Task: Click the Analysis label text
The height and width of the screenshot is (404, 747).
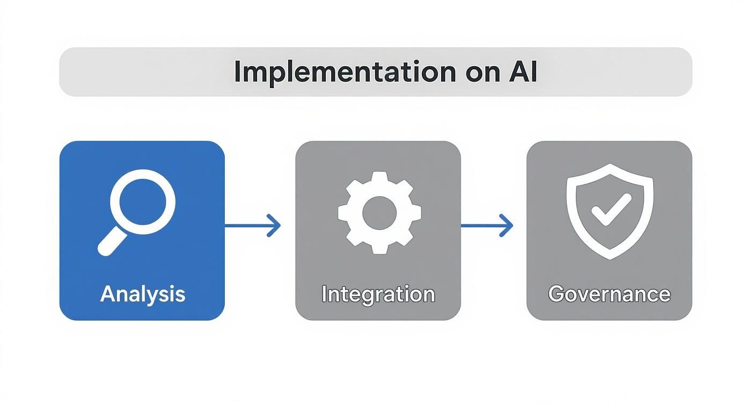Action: [x=142, y=294]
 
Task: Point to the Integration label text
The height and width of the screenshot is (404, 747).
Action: [x=378, y=294]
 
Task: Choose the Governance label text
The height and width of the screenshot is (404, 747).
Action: [x=609, y=294]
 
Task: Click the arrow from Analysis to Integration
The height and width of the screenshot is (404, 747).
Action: [x=252, y=226]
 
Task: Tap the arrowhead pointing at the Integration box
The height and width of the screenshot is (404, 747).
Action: [x=274, y=226]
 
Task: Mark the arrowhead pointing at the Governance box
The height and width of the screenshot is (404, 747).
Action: [x=507, y=226]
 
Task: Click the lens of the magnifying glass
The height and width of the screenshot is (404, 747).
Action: [x=143, y=203]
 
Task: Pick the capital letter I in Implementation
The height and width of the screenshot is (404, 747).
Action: [x=237, y=72]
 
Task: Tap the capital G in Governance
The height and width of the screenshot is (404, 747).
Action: [x=556, y=294]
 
